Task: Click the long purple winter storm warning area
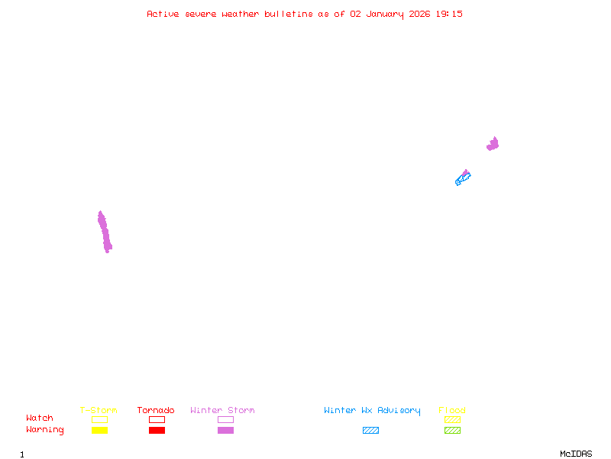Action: [x=105, y=233]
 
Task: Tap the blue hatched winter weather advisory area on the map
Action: [x=462, y=180]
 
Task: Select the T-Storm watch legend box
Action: [x=100, y=419]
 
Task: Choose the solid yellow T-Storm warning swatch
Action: [x=100, y=430]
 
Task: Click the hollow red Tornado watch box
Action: [x=157, y=419]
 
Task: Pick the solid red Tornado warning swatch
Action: [x=157, y=430]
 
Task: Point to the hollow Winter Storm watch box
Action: [x=225, y=419]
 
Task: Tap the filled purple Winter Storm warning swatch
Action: [x=225, y=430]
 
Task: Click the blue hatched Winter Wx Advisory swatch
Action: [x=370, y=430]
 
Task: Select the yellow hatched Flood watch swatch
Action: [x=452, y=419]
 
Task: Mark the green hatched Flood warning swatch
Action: [x=452, y=430]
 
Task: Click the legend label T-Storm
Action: [x=99, y=410]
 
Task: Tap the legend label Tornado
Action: [x=156, y=410]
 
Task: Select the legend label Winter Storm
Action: [x=222, y=410]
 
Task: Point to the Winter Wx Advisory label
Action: [x=372, y=411]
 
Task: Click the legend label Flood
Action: [x=452, y=410]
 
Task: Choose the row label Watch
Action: [x=40, y=418]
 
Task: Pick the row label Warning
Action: [x=45, y=430]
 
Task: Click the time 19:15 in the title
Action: [x=449, y=14]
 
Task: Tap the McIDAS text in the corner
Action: [x=576, y=454]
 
